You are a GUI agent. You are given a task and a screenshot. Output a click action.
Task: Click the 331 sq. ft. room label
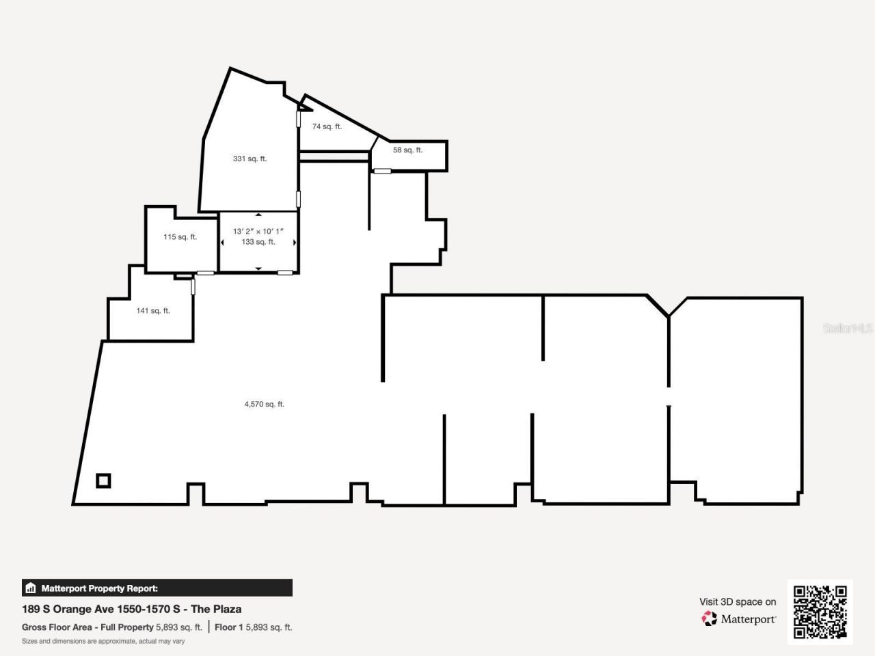250,159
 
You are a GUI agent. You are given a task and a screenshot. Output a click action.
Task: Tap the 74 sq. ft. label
327,126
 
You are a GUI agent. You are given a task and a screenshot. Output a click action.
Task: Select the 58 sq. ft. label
407,150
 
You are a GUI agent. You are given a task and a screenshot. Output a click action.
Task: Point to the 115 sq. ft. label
180,236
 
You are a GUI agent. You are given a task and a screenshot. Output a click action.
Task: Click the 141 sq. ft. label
153,310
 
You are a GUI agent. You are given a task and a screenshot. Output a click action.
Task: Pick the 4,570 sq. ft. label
265,404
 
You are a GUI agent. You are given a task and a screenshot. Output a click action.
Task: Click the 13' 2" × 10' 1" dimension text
258,231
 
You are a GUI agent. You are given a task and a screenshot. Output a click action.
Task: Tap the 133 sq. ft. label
258,242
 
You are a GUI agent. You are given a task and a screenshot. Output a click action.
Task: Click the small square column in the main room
104,481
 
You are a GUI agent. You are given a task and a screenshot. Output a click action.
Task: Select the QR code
820,612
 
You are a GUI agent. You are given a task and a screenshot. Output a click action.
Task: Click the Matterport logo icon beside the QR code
709,618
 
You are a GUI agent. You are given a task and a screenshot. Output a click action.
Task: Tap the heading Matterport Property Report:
100,588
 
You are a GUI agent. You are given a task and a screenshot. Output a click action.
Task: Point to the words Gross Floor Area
57,627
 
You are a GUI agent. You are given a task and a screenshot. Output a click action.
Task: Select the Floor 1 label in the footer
229,627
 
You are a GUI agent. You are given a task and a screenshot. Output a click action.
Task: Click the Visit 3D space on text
738,602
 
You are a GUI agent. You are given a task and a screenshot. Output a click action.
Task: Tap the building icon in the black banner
30,588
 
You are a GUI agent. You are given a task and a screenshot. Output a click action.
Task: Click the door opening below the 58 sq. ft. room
382,172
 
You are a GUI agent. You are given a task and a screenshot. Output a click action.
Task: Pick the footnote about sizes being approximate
103,641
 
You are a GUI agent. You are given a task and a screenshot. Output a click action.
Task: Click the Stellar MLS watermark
848,328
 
